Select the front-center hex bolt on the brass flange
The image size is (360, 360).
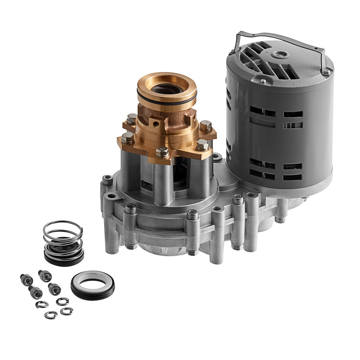coord(163,152)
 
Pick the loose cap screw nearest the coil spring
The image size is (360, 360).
coord(45,276)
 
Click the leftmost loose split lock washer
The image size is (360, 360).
coord(41,304)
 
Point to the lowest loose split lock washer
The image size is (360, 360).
coord(51,315)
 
